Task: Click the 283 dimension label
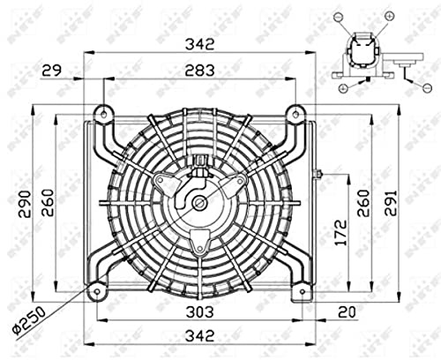199,71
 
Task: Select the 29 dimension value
52,71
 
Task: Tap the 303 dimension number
199,311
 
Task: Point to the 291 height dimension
392,203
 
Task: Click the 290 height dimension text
25,204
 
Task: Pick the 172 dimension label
341,232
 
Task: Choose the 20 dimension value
347,311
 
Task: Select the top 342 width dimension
199,45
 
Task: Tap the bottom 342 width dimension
199,335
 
